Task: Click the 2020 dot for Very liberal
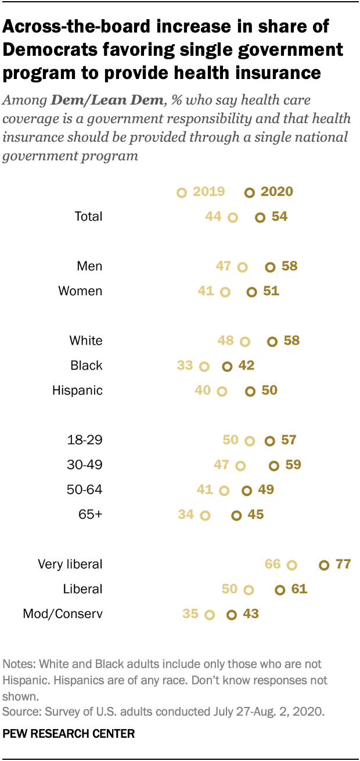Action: tap(324, 565)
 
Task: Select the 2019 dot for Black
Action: tap(204, 366)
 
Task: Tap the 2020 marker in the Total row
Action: tap(260, 217)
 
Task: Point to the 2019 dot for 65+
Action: tap(204, 515)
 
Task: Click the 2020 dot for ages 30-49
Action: tap(274, 465)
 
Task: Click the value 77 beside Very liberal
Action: tap(343, 564)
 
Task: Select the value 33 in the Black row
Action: tap(185, 365)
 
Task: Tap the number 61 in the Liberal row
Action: tap(299, 589)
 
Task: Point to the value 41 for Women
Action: tap(206, 290)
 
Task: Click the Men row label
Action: tap(89, 266)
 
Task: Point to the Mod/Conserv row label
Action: tap(63, 614)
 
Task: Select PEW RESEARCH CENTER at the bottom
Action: tap(69, 734)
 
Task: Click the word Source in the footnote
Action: tap(19, 710)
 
